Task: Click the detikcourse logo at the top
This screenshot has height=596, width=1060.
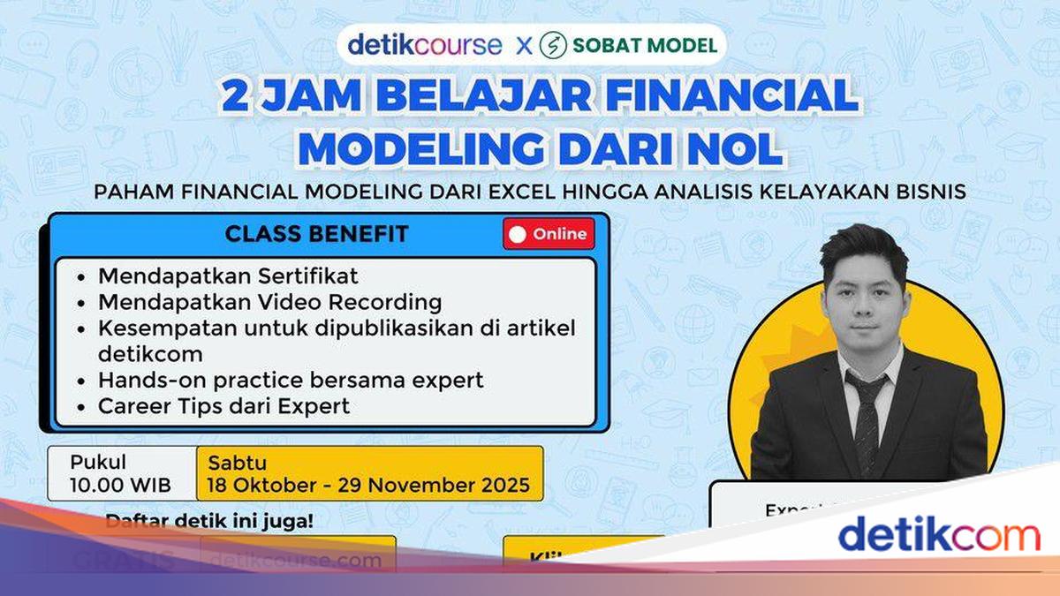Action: [x=424, y=45]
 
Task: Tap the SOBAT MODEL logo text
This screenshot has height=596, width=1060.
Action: [x=645, y=45]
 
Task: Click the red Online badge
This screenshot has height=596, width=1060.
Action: [x=549, y=234]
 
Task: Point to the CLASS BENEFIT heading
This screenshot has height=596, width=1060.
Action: [x=316, y=234]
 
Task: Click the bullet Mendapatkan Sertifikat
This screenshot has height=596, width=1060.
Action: [x=228, y=276]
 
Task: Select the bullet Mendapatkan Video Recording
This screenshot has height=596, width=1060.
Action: [x=269, y=302]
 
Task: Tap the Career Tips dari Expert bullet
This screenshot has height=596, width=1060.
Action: [x=223, y=406]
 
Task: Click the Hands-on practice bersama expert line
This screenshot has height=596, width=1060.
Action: [x=291, y=381]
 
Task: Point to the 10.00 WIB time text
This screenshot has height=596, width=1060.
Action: [x=120, y=486]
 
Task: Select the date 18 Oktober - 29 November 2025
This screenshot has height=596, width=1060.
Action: [x=368, y=486]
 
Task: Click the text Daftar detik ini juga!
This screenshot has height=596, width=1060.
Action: [x=209, y=521]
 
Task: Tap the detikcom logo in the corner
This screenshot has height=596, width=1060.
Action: [x=939, y=536]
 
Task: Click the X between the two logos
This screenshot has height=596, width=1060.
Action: [x=525, y=45]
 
